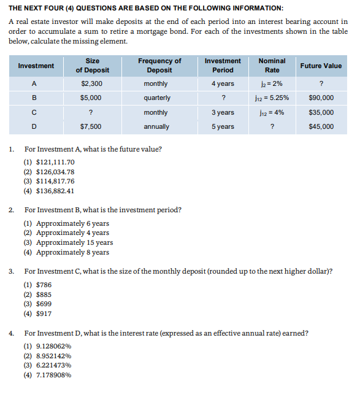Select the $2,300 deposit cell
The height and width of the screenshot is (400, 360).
(91, 83)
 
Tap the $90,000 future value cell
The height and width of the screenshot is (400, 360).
(321, 98)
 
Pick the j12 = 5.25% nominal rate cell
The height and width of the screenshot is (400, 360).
(272, 98)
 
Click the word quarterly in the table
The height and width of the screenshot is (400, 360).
(157, 98)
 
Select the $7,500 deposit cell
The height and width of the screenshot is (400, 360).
(91, 126)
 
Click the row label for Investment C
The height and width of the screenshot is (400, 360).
(34, 112)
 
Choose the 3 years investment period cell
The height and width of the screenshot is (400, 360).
(223, 112)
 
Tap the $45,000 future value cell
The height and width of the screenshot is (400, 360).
(321, 126)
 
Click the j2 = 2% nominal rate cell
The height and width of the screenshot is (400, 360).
(272, 83)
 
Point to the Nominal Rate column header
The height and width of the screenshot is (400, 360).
(272, 66)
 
